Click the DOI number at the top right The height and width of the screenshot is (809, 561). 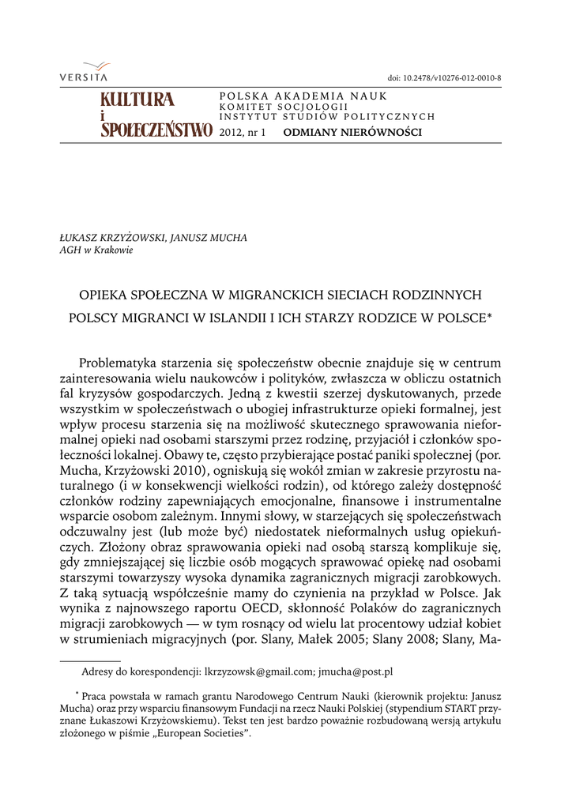click(445, 77)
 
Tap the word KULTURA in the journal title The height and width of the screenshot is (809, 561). click(137, 100)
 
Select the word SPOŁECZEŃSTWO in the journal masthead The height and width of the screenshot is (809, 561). click(156, 130)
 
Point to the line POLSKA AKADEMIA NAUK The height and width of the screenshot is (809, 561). click(303, 96)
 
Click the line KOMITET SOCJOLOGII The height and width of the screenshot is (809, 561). click(284, 106)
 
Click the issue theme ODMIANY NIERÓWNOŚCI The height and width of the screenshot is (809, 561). click(352, 132)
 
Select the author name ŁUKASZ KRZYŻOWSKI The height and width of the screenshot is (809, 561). click(109, 237)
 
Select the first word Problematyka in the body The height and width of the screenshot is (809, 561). click(118, 363)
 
